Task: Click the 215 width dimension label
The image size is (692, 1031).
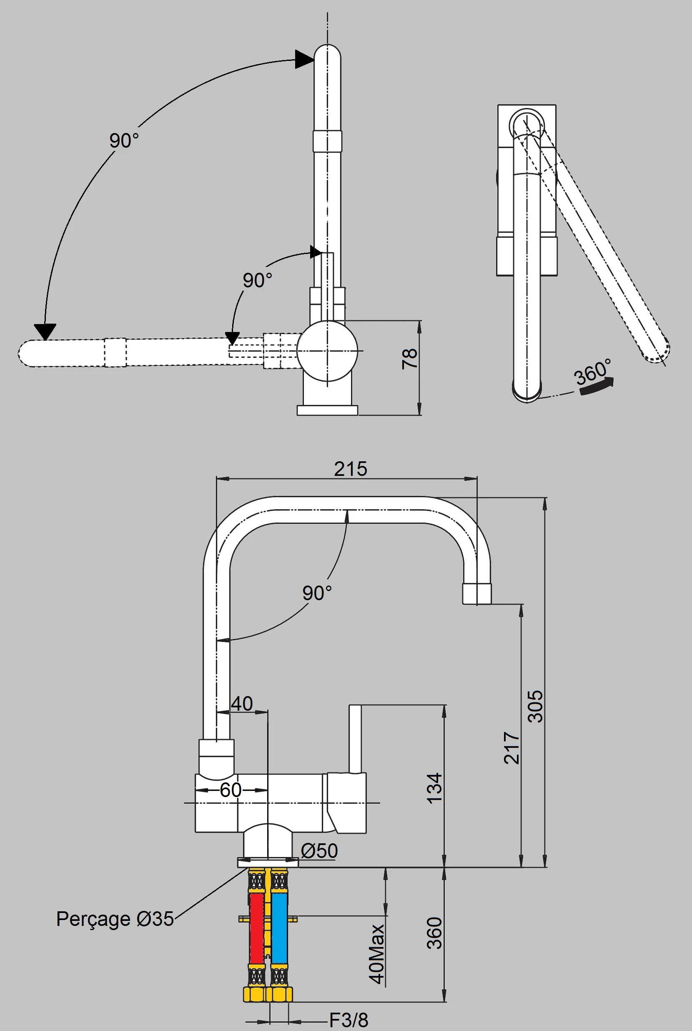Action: pyautogui.click(x=350, y=469)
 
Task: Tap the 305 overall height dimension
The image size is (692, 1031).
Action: pyautogui.click(x=535, y=706)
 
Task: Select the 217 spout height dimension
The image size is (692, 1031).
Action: pyautogui.click(x=511, y=748)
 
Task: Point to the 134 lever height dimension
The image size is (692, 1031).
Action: pyautogui.click(x=434, y=788)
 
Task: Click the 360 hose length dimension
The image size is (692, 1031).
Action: pyautogui.click(x=434, y=933)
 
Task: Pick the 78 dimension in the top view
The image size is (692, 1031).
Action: pyautogui.click(x=409, y=359)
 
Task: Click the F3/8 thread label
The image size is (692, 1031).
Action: pyautogui.click(x=349, y=1020)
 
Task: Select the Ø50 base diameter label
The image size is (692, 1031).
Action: pyautogui.click(x=319, y=851)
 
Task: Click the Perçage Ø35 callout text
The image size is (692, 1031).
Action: pyautogui.click(x=115, y=919)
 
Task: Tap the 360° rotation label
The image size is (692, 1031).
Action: pyautogui.click(x=592, y=372)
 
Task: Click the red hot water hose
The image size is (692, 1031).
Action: pyautogui.click(x=256, y=928)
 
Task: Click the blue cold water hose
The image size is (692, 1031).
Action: pyautogui.click(x=279, y=928)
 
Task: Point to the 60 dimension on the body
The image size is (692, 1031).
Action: pyautogui.click(x=231, y=790)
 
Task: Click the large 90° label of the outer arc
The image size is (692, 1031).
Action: pyautogui.click(x=124, y=141)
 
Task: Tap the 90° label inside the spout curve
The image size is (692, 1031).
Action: pyautogui.click(x=317, y=593)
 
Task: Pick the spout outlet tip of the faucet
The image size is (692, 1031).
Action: pyautogui.click(x=476, y=593)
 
